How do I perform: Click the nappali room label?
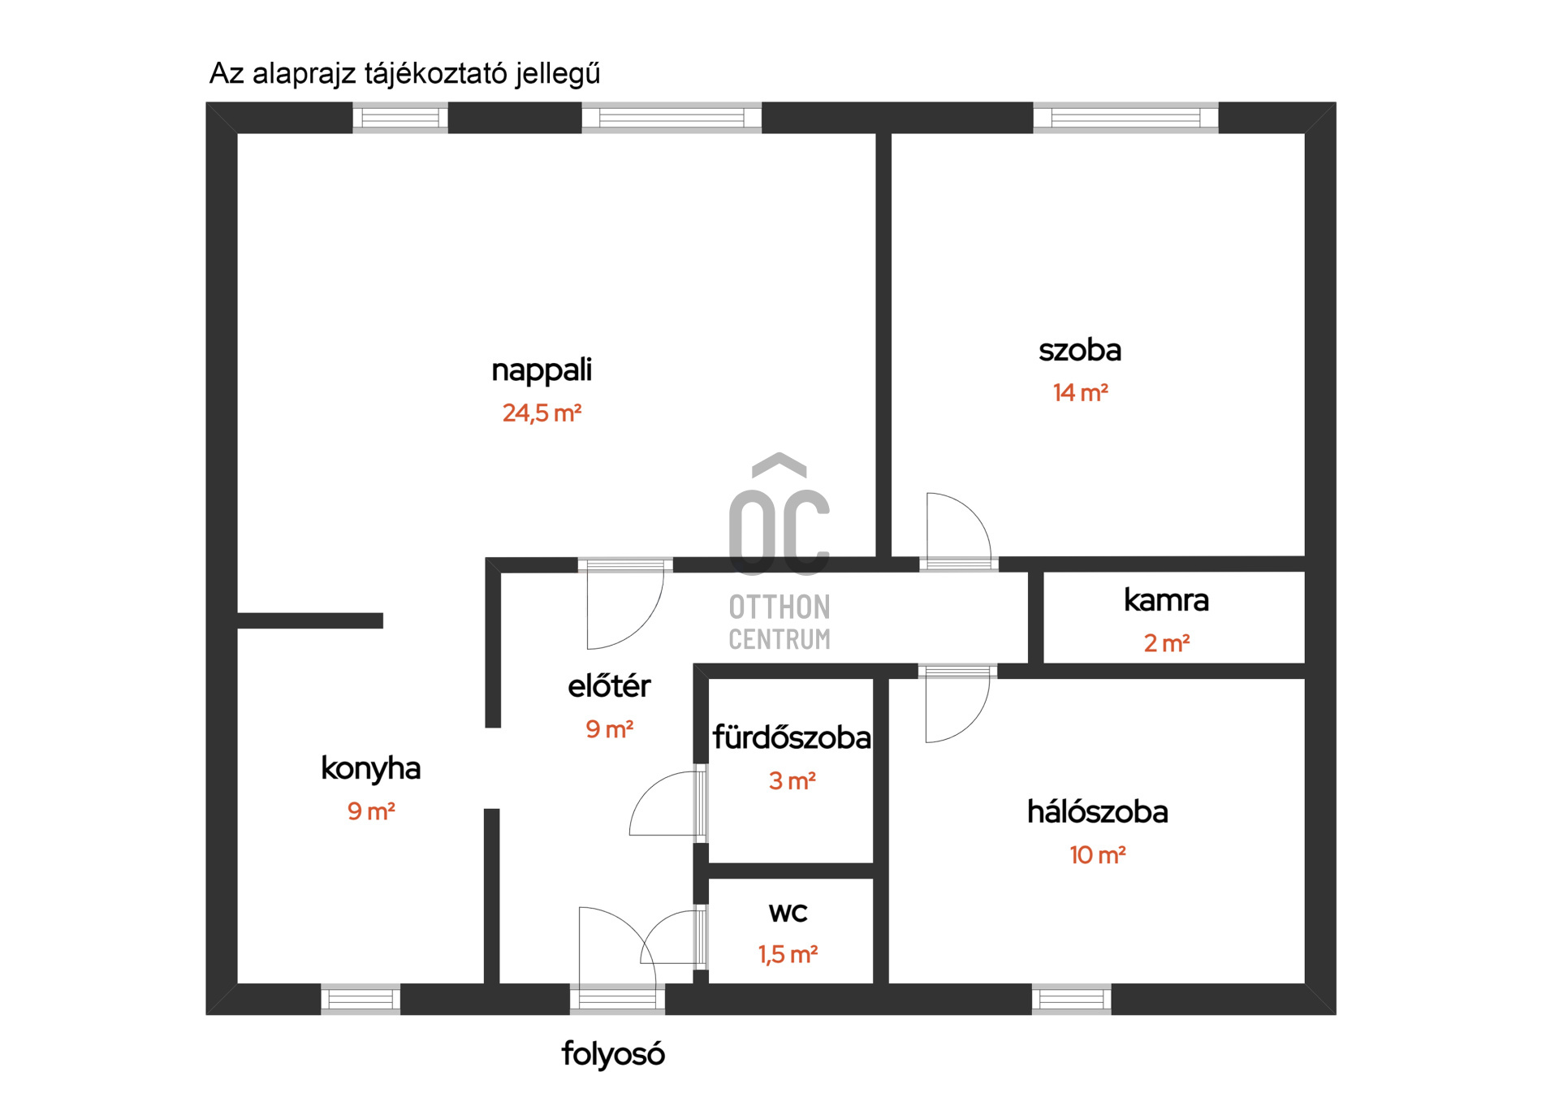542,370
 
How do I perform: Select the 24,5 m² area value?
542,413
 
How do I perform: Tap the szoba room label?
1080,350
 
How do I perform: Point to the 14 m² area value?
1080,393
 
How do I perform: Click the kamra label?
1166,600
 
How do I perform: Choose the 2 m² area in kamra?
1167,643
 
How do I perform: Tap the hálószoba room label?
1097,812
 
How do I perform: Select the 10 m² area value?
1097,855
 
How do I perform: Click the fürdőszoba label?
792,737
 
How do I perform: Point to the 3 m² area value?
792,781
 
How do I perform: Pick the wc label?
788,913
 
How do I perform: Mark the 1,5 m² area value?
788,954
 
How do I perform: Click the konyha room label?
370,768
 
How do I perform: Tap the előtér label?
609,686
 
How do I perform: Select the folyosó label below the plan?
613,1054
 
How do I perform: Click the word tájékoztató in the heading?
434,74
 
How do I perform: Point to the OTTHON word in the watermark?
779,607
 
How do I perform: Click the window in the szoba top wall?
1125,118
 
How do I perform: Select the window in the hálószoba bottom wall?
1071,999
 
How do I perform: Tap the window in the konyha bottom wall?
361,999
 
